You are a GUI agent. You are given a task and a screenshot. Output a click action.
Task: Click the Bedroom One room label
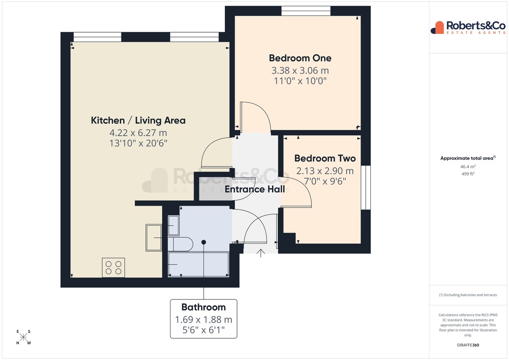(x=300, y=58)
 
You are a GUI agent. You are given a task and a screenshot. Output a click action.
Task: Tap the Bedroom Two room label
(x=325, y=158)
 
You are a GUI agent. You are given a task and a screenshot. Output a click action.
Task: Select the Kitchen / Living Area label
(x=138, y=120)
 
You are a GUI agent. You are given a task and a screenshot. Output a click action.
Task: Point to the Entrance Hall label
(x=255, y=189)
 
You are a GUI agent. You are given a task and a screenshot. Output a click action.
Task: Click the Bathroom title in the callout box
(x=204, y=307)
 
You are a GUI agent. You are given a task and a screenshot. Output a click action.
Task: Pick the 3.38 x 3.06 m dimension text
(x=300, y=70)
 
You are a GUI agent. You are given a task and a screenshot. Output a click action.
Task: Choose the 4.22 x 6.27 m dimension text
(x=138, y=133)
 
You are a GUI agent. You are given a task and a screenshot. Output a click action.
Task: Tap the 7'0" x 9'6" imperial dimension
(x=325, y=181)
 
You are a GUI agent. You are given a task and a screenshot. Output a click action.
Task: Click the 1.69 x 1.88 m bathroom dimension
(x=204, y=320)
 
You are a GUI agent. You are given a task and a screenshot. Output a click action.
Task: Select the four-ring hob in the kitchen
(x=113, y=268)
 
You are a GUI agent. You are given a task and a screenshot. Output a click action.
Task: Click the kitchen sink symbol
(x=154, y=237)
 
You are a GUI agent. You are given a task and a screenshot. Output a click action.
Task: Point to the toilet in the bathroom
(x=180, y=244)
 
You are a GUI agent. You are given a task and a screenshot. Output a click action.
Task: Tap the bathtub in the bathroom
(x=199, y=264)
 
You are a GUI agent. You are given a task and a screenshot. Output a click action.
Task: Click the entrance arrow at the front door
(x=260, y=253)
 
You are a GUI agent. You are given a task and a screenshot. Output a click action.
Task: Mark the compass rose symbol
(x=23, y=337)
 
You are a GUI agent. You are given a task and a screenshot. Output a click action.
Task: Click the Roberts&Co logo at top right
(x=468, y=28)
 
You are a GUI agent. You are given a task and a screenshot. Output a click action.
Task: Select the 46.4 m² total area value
(x=468, y=167)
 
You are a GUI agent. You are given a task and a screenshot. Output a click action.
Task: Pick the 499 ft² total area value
(x=468, y=174)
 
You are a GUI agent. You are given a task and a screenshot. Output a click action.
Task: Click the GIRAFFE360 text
(x=468, y=345)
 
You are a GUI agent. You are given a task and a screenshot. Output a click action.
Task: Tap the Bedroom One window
(x=306, y=11)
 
